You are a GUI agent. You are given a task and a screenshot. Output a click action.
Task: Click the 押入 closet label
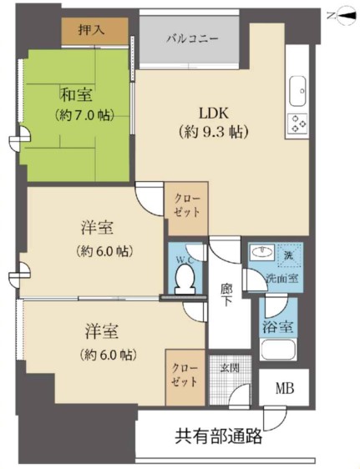tap(91, 30)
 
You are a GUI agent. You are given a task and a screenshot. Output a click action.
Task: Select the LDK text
tap(214, 113)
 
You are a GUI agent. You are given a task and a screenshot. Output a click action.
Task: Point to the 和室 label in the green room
tap(76, 94)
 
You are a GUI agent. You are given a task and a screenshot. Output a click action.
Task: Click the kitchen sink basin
tap(297, 91)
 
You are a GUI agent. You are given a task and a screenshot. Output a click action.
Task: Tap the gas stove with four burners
tap(297, 124)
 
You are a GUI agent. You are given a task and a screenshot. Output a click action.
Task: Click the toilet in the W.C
tap(185, 279)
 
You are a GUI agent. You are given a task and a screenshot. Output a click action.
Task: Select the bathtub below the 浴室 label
tap(278, 349)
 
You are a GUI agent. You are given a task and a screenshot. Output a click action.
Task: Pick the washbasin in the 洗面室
tap(263, 251)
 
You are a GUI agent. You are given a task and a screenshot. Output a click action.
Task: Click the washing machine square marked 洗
tap(289, 255)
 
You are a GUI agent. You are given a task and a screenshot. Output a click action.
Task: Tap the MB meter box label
tap(284, 388)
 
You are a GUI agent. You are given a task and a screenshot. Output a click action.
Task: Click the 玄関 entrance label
tap(230, 367)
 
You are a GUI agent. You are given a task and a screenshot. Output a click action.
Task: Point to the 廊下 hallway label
tap(226, 295)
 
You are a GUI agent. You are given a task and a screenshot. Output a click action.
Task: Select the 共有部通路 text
tap(219, 436)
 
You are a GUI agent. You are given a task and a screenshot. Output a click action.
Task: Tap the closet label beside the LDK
tap(187, 205)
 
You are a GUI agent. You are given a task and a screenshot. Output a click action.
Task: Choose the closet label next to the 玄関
tap(185, 376)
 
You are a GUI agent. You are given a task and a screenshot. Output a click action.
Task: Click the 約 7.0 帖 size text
tap(85, 115)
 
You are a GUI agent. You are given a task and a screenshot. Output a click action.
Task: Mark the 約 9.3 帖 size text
tap(214, 132)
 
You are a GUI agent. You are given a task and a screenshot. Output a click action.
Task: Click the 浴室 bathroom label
tap(277, 326)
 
